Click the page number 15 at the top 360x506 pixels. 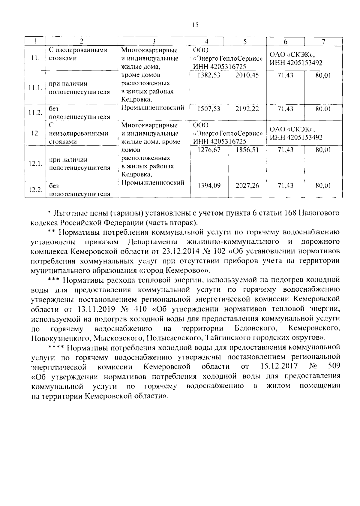[195, 25]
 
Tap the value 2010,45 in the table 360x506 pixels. [247, 75]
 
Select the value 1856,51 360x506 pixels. [247, 150]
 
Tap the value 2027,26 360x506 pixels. [247, 186]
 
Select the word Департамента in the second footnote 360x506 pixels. [152, 242]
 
